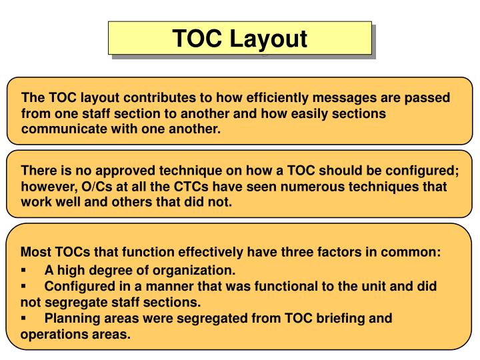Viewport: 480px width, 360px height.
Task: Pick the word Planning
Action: [x=70, y=319]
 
